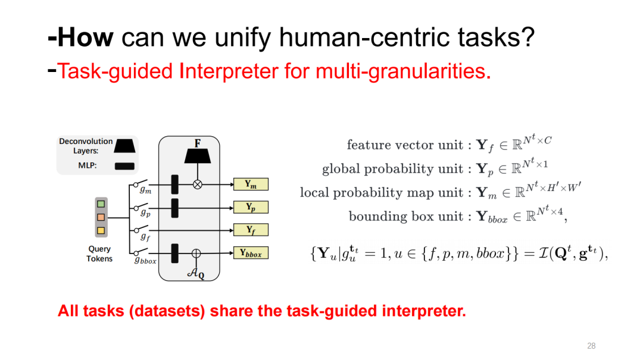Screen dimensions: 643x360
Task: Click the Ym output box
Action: pos(251,184)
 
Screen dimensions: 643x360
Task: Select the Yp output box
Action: pos(251,207)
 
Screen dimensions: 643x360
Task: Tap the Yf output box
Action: pos(251,230)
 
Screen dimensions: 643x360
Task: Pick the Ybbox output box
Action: pos(251,253)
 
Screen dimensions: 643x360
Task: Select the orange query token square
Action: pos(101,217)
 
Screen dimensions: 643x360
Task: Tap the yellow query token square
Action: pos(101,230)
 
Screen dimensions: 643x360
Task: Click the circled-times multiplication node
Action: pos(198,184)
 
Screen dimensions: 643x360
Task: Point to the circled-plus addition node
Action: pos(196,253)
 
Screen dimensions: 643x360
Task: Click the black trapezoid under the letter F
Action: pos(198,156)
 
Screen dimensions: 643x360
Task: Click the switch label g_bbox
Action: pos(145,261)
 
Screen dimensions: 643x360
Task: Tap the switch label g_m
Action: pos(145,190)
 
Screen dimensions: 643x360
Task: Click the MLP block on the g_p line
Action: pos(175,207)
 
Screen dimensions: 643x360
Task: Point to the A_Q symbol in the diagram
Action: pos(196,274)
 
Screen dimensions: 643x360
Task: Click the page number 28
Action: pos(591,346)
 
